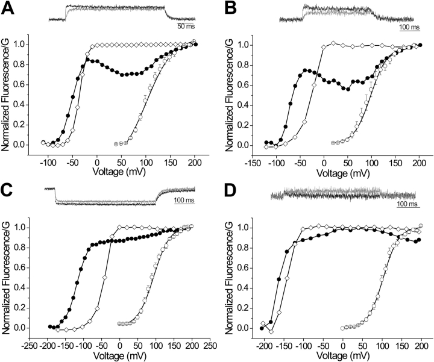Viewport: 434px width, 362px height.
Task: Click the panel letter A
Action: (x=8, y=9)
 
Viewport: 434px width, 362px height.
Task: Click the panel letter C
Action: (x=8, y=191)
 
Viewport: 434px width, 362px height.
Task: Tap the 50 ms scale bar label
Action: (x=186, y=27)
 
